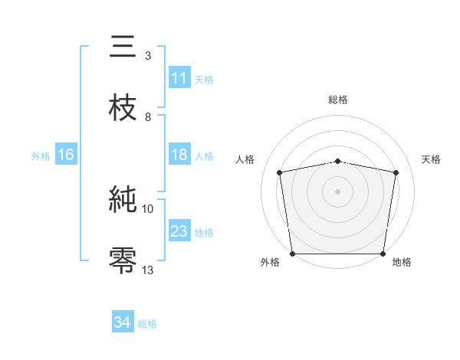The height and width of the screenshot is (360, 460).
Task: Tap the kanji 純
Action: pyautogui.click(x=123, y=201)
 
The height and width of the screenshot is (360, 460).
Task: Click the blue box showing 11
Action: pyautogui.click(x=179, y=78)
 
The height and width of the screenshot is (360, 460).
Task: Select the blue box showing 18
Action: pyautogui.click(x=179, y=155)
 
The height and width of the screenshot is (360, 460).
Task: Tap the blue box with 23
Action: pyautogui.click(x=179, y=231)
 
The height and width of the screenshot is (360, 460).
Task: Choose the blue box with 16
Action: pyautogui.click(x=66, y=155)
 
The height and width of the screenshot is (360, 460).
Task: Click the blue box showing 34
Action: pyautogui.click(x=123, y=322)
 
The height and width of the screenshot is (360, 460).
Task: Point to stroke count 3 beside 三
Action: pyautogui.click(x=147, y=56)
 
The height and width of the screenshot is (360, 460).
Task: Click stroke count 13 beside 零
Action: pyautogui.click(x=147, y=269)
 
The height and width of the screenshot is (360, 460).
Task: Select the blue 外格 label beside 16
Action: pyautogui.click(x=41, y=156)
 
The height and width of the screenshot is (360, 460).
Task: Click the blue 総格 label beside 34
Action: pyautogui.click(x=147, y=324)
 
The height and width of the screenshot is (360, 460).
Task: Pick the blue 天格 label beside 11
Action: pyautogui.click(x=204, y=80)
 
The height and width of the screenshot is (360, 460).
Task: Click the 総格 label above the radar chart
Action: pyautogui.click(x=337, y=100)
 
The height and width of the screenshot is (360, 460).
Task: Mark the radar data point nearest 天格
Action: pyautogui.click(x=396, y=172)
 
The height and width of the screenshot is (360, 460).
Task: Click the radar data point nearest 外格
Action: pyautogui.click(x=293, y=254)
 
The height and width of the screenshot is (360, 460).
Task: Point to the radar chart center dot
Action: pyautogui.click(x=337, y=191)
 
